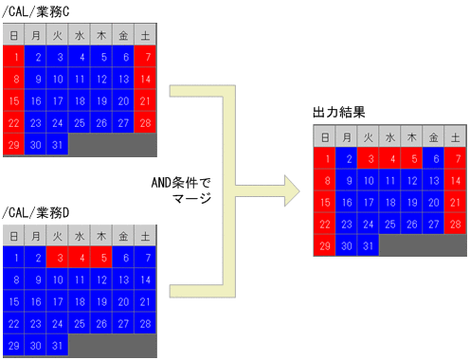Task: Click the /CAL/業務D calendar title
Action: (38, 210)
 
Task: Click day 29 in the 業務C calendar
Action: (14, 144)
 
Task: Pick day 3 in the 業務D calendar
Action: (59, 257)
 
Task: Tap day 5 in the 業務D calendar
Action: (103, 257)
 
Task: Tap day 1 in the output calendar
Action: (325, 158)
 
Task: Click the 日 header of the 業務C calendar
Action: (14, 35)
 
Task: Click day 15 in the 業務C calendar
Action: (14, 100)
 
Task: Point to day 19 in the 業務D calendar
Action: (103, 300)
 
